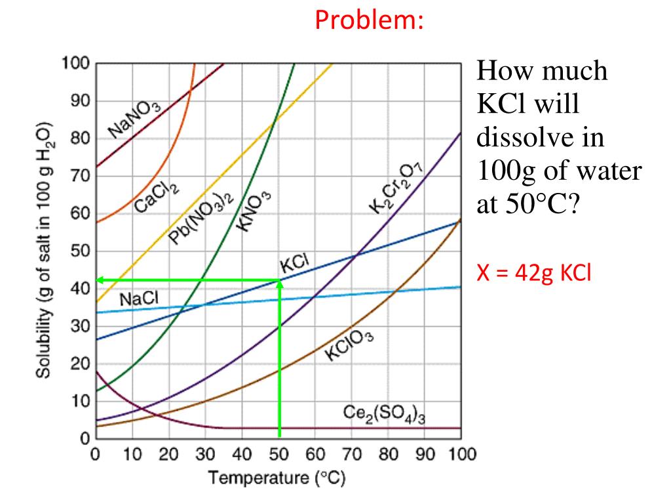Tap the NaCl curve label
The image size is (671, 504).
pos(139,299)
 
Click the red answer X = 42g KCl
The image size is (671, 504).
pos(534,273)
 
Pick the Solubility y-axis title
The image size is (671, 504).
pos(44,249)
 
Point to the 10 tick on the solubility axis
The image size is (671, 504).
pos(80,401)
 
